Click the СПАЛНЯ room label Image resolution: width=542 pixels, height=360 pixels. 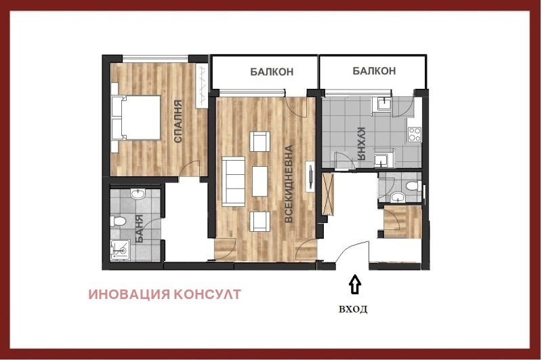click(178, 121)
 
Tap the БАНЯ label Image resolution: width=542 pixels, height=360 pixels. click(139, 228)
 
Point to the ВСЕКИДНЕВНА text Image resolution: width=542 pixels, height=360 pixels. click(289, 184)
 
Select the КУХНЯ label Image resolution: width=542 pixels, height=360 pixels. click(361, 144)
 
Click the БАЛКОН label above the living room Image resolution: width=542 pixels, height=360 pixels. click(272, 72)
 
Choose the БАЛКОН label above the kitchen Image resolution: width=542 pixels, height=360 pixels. click(374, 71)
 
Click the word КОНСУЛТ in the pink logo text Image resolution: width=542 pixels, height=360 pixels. click(207, 294)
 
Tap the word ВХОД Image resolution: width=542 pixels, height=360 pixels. click(353, 309)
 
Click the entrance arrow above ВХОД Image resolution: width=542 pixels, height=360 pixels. click(354, 284)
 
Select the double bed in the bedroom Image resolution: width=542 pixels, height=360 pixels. click(136, 117)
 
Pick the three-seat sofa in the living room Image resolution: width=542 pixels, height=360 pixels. click(233, 181)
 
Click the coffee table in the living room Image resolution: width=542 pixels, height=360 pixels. click(260, 181)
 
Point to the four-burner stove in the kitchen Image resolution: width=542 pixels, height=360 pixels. click(415, 134)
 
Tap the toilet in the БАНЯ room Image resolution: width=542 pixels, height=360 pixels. click(117, 220)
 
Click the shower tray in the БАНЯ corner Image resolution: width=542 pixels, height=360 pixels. click(121, 250)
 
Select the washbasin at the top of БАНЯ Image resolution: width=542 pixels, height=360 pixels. click(138, 194)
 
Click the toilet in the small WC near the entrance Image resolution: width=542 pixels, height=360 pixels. click(414, 186)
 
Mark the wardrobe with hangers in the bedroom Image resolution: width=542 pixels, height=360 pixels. click(201, 85)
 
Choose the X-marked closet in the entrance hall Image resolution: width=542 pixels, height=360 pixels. click(328, 195)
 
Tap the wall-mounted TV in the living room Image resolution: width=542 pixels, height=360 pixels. click(311, 176)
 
